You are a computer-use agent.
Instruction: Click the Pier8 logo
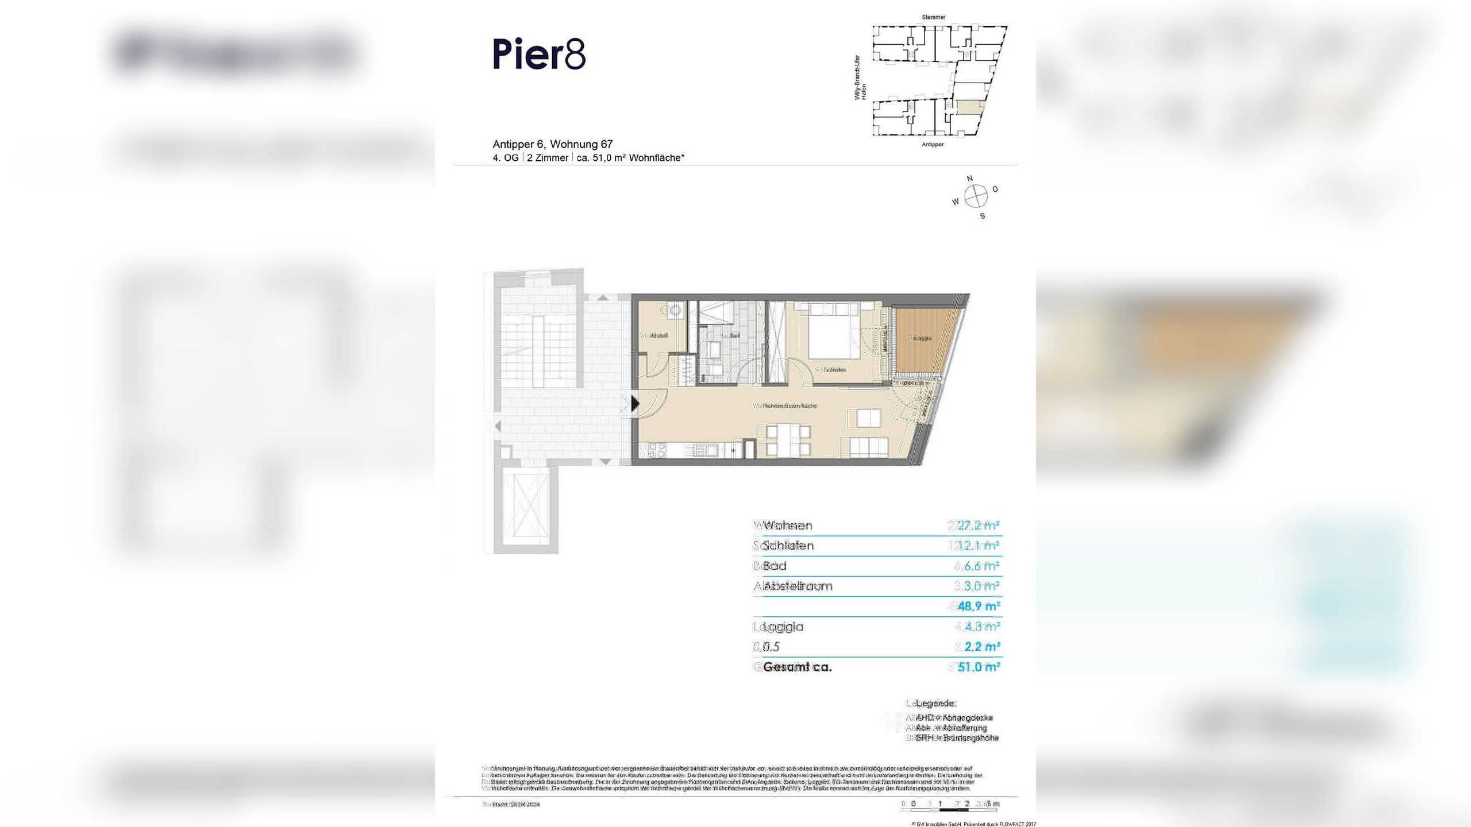point(539,55)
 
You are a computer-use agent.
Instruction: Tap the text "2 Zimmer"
point(548,158)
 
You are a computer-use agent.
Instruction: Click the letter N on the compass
point(970,179)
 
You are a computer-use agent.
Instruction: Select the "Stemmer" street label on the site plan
point(933,17)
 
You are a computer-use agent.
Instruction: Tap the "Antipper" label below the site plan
point(933,144)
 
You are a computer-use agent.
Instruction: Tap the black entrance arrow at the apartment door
point(635,403)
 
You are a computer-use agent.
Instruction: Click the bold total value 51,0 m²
point(979,667)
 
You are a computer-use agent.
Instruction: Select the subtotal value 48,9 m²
point(979,606)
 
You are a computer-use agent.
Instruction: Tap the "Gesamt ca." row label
point(797,667)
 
